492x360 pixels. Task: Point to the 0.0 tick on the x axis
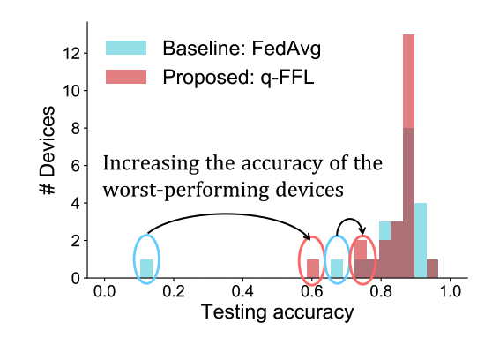[105, 293]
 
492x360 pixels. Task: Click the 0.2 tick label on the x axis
[174, 293]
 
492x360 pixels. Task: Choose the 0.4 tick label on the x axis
[243, 293]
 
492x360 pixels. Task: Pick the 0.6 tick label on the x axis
[312, 293]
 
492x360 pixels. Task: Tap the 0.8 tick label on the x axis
[382, 293]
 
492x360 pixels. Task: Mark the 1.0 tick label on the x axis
[451, 293]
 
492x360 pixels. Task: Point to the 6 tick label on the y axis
[77, 166]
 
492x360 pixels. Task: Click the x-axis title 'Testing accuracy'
[278, 313]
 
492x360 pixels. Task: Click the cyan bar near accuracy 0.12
[146, 268]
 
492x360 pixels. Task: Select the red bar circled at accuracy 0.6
[312, 268]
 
